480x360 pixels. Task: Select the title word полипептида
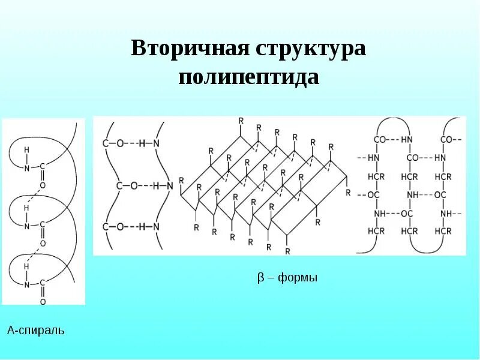248,77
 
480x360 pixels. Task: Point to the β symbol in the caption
260,278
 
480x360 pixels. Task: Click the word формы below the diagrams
295,278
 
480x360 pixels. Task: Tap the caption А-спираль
35,330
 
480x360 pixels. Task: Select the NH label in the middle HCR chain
412,195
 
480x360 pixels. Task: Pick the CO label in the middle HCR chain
412,158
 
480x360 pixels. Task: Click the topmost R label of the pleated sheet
241,121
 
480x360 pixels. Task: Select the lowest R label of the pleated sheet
287,250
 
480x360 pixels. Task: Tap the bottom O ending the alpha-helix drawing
43,302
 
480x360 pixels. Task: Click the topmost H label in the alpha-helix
26,149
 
